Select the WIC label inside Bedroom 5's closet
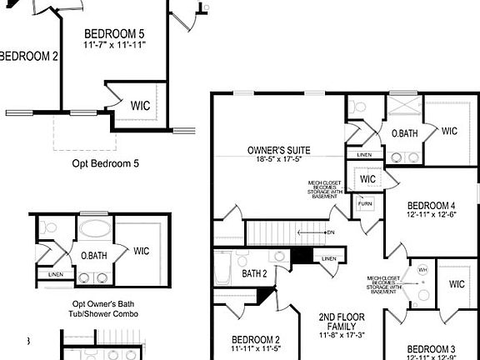(140, 106)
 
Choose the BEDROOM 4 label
(431, 206)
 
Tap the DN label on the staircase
(331, 232)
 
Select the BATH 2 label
(254, 273)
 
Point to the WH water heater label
(422, 270)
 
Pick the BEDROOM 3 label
(431, 348)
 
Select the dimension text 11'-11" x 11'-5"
(255, 350)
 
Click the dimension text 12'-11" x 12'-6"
(431, 216)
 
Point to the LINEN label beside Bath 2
(328, 259)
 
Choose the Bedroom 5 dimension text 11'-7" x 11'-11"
(114, 44)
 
